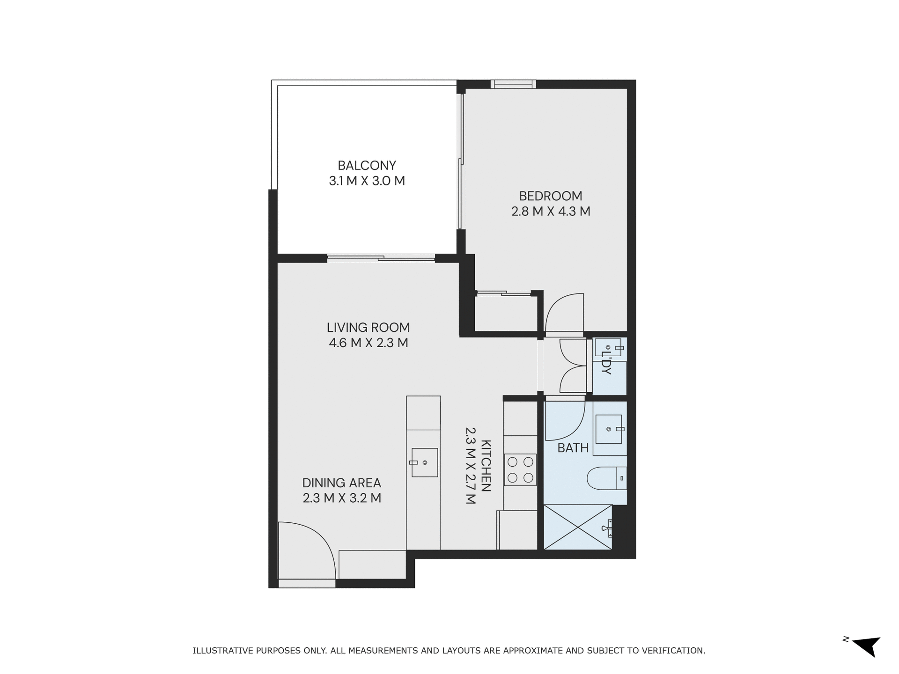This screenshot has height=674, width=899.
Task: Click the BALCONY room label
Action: [367, 166]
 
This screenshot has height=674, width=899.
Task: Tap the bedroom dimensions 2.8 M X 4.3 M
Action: [550, 212]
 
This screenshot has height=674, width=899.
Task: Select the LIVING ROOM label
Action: [368, 327]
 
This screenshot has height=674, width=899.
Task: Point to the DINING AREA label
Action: [341, 483]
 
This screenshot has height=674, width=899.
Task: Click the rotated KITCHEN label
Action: [486, 465]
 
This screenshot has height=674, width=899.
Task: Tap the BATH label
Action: [573, 448]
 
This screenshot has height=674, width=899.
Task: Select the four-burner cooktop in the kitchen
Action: [520, 469]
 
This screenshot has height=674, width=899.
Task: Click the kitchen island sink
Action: [424, 462]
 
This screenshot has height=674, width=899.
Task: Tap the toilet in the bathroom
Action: [606, 478]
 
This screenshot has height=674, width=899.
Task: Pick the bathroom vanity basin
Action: [609, 429]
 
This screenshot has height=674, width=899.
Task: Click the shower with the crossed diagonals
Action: [578, 527]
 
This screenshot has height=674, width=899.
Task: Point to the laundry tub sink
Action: [608, 348]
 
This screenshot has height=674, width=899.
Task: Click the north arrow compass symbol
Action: [867, 647]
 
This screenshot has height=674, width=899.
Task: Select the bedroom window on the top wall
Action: [513, 84]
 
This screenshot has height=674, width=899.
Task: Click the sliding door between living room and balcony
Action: [381, 257]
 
